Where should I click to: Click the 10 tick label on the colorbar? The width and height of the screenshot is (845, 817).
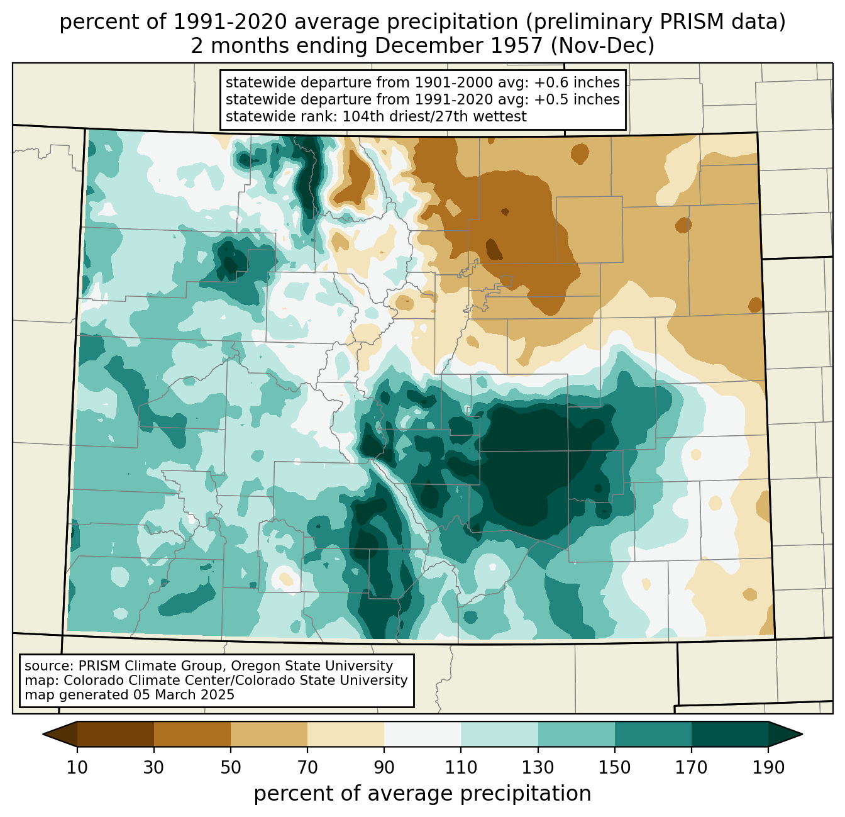(x=77, y=767)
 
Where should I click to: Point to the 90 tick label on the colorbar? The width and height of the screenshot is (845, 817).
(x=384, y=767)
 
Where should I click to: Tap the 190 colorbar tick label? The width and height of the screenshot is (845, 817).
(x=768, y=767)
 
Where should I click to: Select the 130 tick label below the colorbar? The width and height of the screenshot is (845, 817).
(x=538, y=767)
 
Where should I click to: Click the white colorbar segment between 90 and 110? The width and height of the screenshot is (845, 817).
(x=422, y=734)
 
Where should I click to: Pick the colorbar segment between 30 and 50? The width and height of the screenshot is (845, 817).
(x=192, y=734)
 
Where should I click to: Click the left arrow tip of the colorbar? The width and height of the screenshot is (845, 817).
(x=43, y=734)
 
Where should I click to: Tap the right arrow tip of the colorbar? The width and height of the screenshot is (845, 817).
(x=802, y=734)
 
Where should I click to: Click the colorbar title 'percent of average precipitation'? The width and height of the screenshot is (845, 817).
(x=422, y=793)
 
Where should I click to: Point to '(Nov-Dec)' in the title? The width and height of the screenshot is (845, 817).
(x=602, y=46)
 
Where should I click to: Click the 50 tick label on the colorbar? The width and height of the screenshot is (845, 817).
(x=230, y=767)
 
